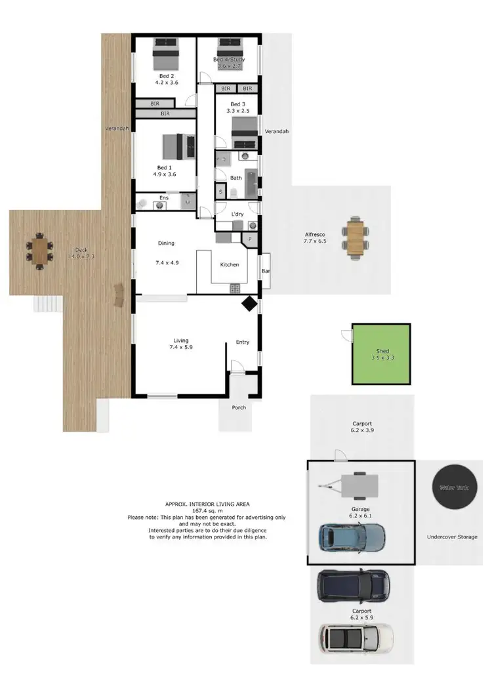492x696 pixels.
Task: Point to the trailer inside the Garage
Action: coord(354,486)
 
